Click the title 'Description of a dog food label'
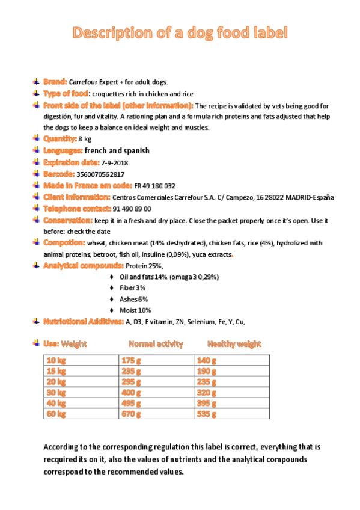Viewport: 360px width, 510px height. coord(180,33)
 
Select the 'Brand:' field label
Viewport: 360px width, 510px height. coord(55,81)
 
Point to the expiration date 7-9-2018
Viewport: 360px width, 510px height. coord(114,163)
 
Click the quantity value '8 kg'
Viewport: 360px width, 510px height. coord(85,139)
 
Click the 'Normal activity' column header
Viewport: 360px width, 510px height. coord(156,344)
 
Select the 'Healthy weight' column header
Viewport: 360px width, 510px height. coord(234,344)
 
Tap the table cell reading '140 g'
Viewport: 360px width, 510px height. coord(207,360)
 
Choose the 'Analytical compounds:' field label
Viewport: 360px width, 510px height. coord(83,265)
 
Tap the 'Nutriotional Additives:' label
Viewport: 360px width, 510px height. coord(83,321)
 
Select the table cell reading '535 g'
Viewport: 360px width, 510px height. coord(207,414)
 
